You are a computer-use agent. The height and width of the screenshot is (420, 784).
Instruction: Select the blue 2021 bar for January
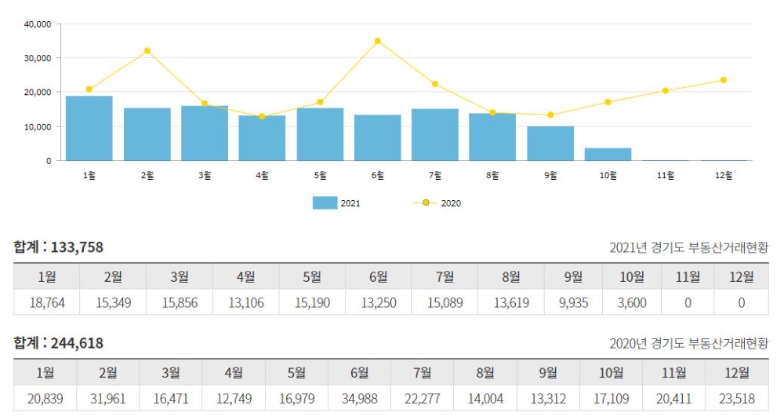pos(89,128)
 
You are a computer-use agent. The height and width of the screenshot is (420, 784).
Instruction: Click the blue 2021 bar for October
pos(608,154)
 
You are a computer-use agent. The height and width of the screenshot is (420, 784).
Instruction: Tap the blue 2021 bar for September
pos(550,143)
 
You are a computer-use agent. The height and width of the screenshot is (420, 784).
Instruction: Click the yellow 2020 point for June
pos(377,41)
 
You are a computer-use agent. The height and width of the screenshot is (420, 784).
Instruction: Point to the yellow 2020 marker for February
pos(147,51)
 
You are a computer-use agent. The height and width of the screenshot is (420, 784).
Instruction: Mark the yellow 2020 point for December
pos(723,80)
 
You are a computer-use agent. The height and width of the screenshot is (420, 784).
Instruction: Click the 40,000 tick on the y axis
pos(38,24)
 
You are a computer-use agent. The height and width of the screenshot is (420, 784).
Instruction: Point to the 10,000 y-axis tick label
pos(38,126)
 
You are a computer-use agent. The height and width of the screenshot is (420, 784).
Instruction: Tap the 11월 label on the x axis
pos(666,176)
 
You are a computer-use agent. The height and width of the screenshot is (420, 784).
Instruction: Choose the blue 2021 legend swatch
pos(325,203)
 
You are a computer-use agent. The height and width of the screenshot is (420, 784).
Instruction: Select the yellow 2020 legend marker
pos(426,203)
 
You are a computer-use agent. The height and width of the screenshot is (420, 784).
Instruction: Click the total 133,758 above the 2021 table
pos(77,247)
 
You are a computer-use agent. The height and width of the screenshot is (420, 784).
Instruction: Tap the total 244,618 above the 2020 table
pos(77,343)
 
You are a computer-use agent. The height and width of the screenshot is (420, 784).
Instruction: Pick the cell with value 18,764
pos(46,302)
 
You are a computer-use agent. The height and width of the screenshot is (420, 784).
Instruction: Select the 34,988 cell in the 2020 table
pos(360,399)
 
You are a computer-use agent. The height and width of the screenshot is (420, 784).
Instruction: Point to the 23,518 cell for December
pos(737,399)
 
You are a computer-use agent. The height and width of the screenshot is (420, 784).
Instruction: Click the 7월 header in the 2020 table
pos(423,372)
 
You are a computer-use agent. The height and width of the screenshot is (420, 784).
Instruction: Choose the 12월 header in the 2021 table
pos(741,276)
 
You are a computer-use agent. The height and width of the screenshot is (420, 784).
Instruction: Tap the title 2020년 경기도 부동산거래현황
pos(688,344)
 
